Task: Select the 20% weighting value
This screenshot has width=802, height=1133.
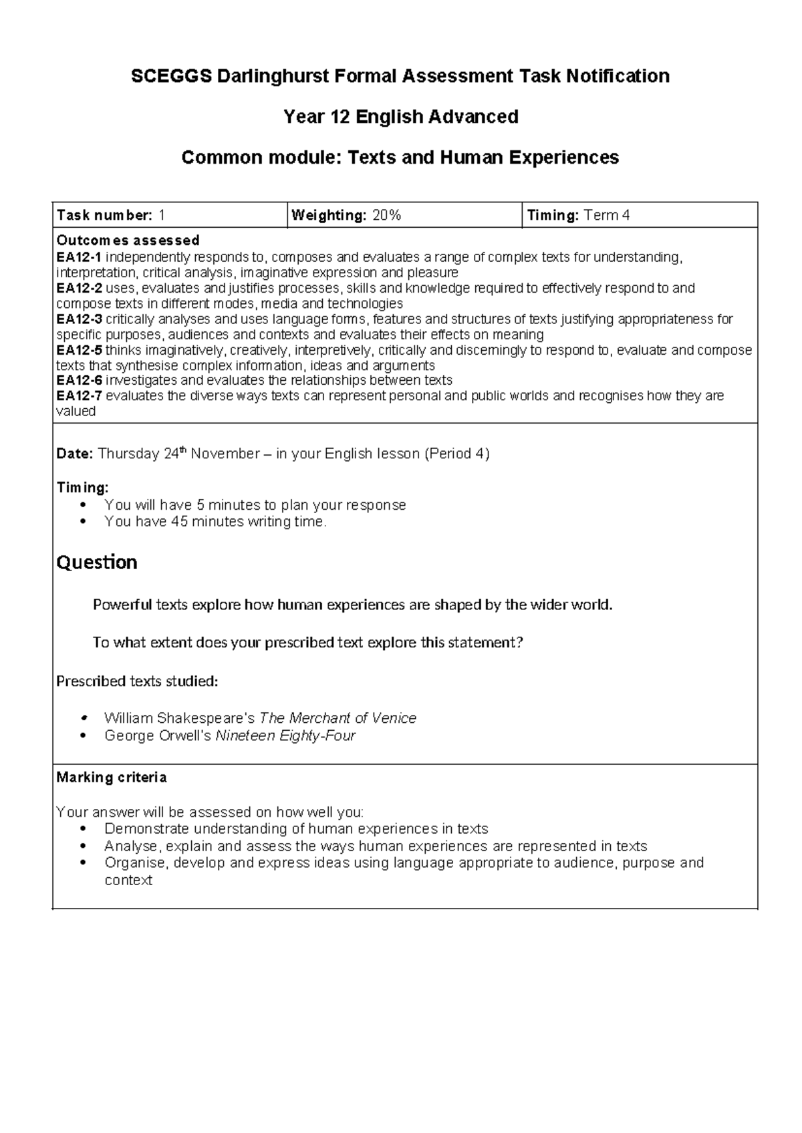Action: [387, 215]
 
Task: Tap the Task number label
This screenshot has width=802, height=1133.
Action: [104, 215]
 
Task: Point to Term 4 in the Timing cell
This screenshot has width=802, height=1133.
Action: [607, 215]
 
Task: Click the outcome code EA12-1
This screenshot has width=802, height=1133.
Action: [79, 257]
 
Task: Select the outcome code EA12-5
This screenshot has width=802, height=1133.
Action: [79, 350]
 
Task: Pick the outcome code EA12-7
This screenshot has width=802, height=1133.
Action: [79, 396]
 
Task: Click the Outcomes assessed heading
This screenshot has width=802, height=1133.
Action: [128, 240]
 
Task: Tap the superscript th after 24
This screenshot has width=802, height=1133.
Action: [184, 450]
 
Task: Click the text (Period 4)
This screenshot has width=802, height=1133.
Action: [458, 454]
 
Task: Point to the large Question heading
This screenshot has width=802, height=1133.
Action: [97, 562]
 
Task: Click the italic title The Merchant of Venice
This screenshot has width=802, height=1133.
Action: [338, 718]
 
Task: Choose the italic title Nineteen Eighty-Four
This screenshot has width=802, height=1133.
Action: [285, 736]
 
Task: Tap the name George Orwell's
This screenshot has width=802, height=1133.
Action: [158, 736]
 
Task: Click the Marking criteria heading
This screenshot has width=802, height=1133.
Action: [112, 778]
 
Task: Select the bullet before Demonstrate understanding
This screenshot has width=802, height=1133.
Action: [83, 829]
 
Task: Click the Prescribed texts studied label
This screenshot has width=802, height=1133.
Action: [137, 681]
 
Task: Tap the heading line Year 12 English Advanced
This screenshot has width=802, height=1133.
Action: [401, 117]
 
